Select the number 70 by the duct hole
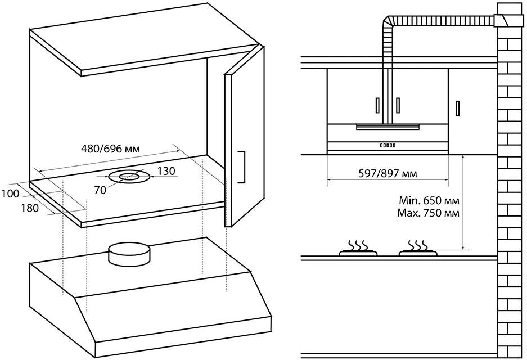pyautogui.click(x=100, y=190)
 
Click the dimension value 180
pyautogui.click(x=30, y=208)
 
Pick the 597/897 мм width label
pyautogui.click(x=388, y=173)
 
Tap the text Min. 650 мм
pyautogui.click(x=429, y=200)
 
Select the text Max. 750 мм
pyautogui.click(x=429, y=213)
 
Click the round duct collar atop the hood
pyautogui.click(x=130, y=254)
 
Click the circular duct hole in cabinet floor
pyautogui.click(x=128, y=177)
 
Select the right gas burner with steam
pyautogui.click(x=418, y=251)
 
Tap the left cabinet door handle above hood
pyautogui.click(x=377, y=105)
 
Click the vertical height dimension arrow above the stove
pyautogui.click(x=463, y=202)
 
